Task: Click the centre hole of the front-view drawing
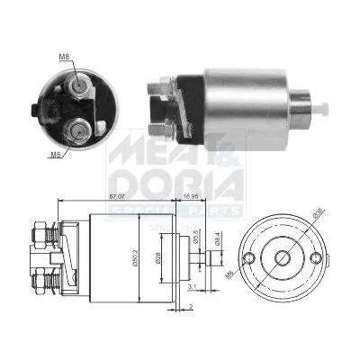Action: [x=282, y=257]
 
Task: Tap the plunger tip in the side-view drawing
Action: [x=213, y=257]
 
